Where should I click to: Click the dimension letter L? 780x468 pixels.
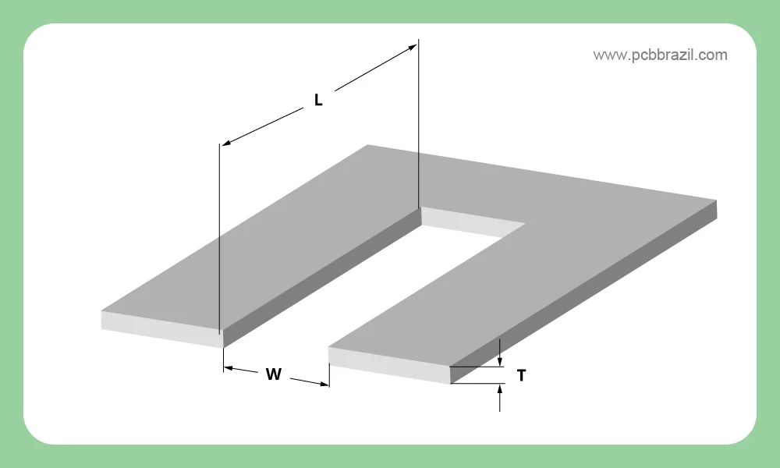[x=318, y=100]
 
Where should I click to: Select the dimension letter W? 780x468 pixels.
[x=274, y=374]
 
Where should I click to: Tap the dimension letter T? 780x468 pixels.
[x=521, y=376]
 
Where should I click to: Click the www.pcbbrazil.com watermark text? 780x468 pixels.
[x=660, y=55]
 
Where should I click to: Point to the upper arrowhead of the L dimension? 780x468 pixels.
[x=413, y=47]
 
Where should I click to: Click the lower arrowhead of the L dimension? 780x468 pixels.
[x=226, y=144]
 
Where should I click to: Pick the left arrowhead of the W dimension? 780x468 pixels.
[x=229, y=368]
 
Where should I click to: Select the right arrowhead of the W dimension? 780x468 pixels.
[x=324, y=384]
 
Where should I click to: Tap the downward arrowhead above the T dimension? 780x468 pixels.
[x=500, y=362]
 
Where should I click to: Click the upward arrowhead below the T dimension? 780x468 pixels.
[x=500, y=389]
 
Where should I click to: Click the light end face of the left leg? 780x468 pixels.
[x=162, y=329]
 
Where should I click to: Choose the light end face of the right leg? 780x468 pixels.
[x=389, y=366]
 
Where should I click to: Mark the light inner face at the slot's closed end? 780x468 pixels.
[x=473, y=222]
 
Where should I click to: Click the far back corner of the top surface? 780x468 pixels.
[x=368, y=145]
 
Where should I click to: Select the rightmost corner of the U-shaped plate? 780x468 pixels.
[x=717, y=200]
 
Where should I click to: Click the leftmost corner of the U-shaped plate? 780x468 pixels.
[x=101, y=311]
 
